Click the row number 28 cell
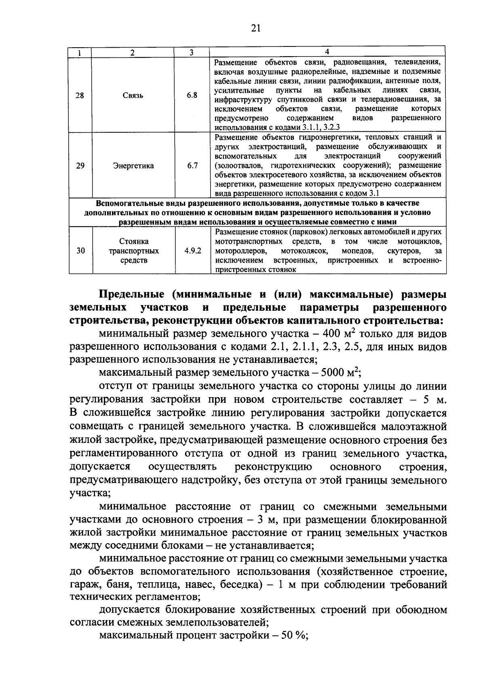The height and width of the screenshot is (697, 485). (x=80, y=96)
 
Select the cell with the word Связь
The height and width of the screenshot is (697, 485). (x=133, y=96)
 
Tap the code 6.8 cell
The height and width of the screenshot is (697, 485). (x=192, y=95)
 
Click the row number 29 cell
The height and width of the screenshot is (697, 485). (x=80, y=166)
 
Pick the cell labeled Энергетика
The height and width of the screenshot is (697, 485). (x=133, y=166)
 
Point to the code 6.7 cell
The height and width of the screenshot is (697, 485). (x=192, y=166)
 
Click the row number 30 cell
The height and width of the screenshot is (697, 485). (x=80, y=251)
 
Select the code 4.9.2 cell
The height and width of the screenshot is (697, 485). (x=193, y=251)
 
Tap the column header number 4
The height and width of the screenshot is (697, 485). (x=327, y=51)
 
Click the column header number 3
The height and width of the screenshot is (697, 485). (x=192, y=52)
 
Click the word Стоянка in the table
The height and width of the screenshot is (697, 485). (x=134, y=241)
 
